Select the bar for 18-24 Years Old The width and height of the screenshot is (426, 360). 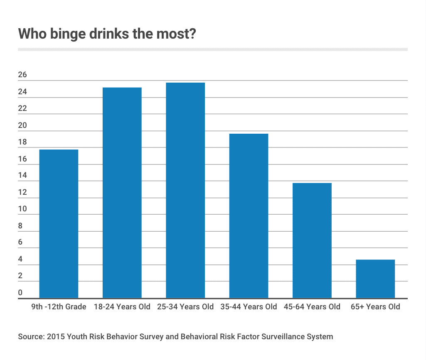[122, 193]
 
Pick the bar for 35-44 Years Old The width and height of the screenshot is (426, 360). [249, 216]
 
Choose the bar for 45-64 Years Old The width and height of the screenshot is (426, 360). [312, 240]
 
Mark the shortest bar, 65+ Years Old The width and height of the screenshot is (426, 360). [376, 279]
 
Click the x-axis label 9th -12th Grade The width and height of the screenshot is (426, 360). [59, 307]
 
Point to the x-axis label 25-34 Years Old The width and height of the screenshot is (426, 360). [185, 307]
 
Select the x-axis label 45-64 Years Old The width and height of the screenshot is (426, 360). [312, 307]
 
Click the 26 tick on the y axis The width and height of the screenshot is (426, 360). [22, 75]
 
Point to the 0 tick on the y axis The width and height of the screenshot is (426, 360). [20, 293]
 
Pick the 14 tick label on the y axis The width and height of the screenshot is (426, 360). [22, 176]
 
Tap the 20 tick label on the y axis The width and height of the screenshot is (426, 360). [22, 125]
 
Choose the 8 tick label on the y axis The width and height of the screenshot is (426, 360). [20, 226]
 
